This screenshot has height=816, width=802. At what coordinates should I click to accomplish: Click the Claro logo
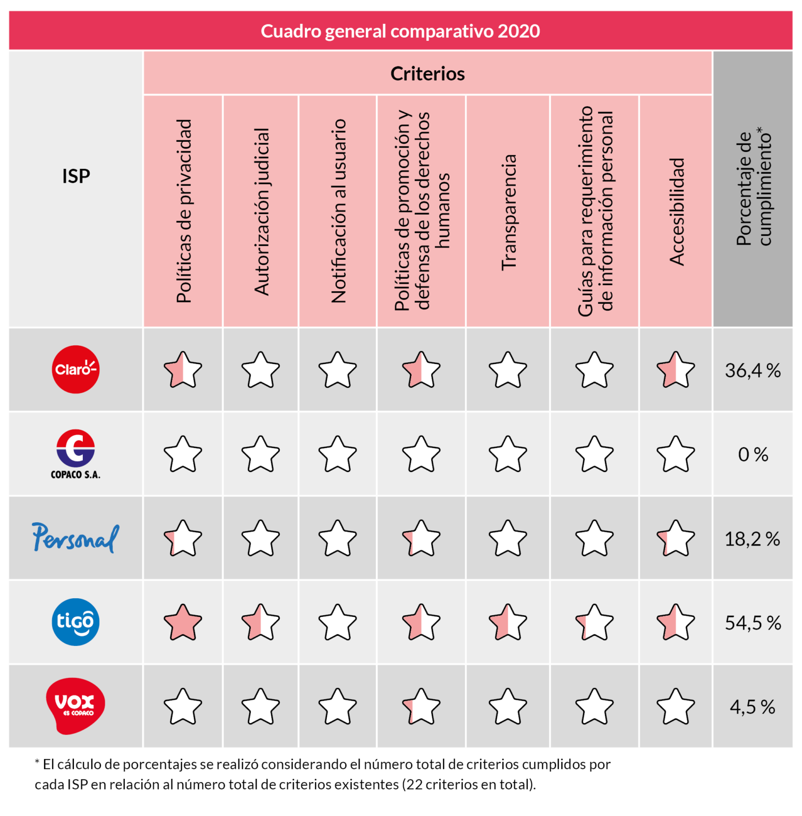(x=75, y=369)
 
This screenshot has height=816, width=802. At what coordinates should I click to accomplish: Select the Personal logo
(x=75, y=538)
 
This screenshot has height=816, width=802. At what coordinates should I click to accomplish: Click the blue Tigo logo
(x=75, y=622)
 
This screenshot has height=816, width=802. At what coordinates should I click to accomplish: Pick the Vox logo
(x=75, y=706)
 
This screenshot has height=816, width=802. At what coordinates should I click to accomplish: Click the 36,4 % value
(x=752, y=370)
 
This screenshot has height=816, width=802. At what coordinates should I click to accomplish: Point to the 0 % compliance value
(x=753, y=455)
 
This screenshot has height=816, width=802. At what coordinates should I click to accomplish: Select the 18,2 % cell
(x=752, y=539)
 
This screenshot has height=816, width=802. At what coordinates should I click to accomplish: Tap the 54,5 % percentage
(x=753, y=623)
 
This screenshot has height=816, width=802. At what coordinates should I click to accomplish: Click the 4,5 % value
(x=752, y=707)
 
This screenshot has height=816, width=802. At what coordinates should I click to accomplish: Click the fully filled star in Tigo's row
(x=183, y=623)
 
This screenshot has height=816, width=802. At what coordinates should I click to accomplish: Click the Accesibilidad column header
(x=676, y=211)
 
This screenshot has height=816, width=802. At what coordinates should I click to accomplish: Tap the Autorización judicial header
(x=261, y=211)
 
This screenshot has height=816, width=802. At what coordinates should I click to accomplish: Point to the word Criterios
(x=427, y=74)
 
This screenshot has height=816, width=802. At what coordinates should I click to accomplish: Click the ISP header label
(x=76, y=176)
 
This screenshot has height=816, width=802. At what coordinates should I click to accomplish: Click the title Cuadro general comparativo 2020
(x=400, y=31)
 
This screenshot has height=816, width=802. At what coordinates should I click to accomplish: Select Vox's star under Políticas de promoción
(x=421, y=707)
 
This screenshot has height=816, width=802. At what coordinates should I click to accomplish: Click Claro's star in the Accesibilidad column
(x=676, y=370)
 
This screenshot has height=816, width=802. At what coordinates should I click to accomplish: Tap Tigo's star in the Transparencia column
(x=508, y=623)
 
